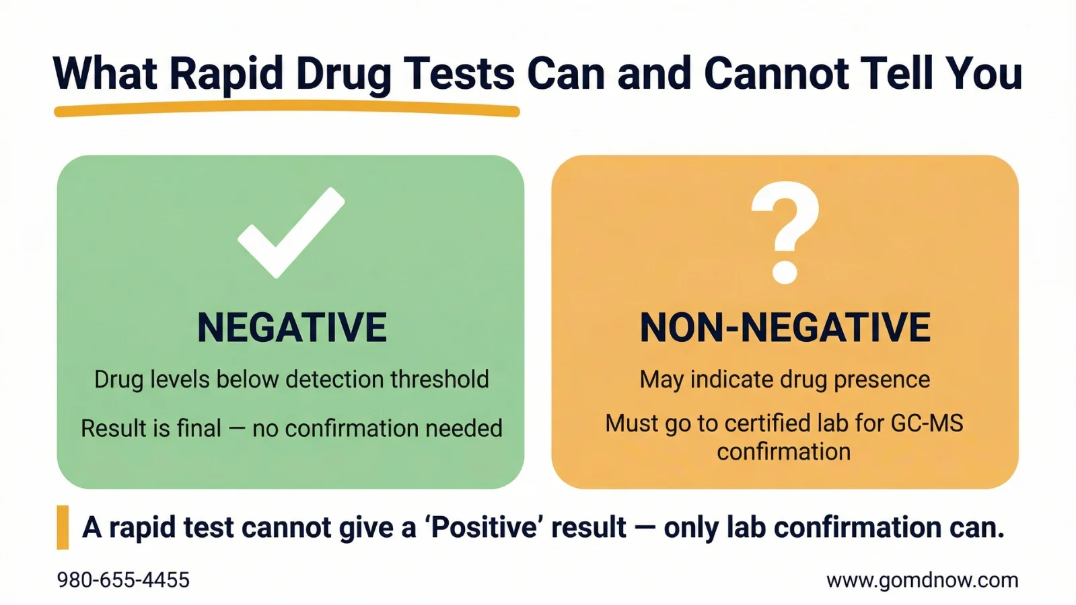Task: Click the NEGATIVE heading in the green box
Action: coord(291,328)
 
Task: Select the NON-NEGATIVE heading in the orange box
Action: coord(785,328)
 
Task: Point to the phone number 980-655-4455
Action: coord(123,580)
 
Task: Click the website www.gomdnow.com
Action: coord(922,580)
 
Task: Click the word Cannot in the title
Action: coord(776,73)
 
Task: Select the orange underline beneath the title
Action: coord(287,110)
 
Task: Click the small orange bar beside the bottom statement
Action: coord(63,527)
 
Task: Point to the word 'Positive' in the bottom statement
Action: coord(482,527)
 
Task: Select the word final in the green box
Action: coord(198,428)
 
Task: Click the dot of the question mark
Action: coord(785,273)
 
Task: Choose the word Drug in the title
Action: coord(343,73)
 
